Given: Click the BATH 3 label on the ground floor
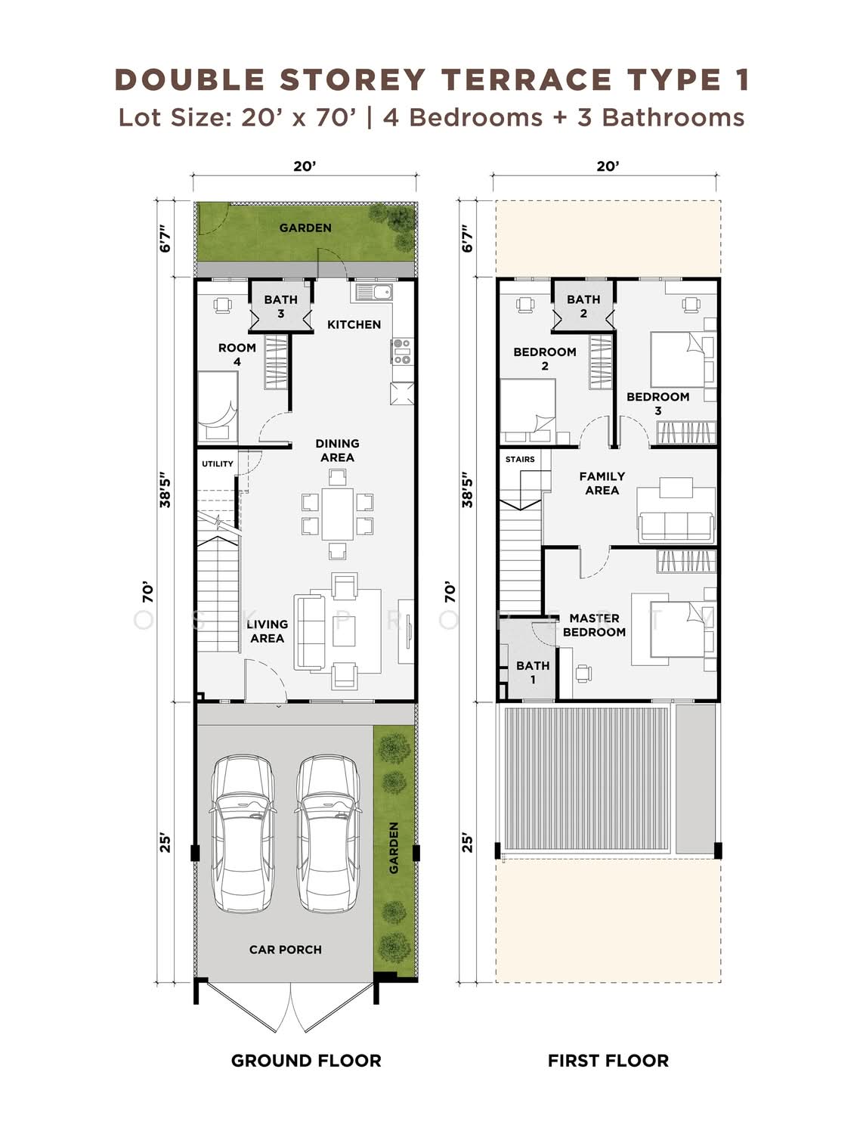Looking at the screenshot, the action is (280, 306).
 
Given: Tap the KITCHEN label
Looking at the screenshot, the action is (354, 324).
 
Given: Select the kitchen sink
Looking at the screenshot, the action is (371, 293).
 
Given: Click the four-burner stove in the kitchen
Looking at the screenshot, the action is (402, 352).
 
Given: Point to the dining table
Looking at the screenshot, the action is (337, 514).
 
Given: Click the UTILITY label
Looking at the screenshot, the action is (218, 464).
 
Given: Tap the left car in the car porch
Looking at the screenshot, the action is (243, 833).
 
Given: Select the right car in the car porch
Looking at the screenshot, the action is (327, 833).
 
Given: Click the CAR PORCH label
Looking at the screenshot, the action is (285, 950).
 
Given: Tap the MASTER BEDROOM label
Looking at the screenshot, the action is (594, 625).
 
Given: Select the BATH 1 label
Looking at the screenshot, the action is (533, 673).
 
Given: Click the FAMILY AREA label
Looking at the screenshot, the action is (602, 483).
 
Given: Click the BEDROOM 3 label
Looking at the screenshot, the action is (657, 404).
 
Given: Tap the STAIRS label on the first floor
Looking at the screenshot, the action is (520, 460).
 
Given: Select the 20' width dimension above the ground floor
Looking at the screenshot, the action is (305, 166).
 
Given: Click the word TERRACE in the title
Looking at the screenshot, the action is (527, 80).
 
